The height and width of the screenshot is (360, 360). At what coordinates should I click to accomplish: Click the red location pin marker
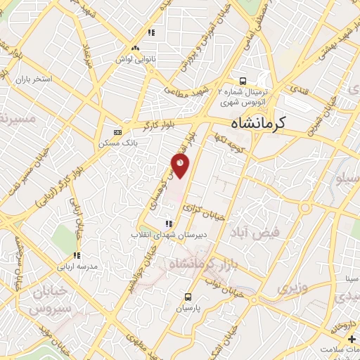tap(181, 166)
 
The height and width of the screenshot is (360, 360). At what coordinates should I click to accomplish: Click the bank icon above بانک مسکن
tap(117, 132)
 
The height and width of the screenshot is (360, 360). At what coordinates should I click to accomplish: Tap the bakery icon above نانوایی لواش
tap(151, 32)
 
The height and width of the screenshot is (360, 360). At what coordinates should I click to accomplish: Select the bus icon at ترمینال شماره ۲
tap(242, 80)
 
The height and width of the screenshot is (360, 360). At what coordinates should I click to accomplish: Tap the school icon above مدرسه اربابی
tap(77, 255)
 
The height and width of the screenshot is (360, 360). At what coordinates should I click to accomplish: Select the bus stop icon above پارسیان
tap(188, 297)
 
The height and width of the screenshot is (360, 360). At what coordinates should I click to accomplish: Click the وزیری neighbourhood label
tap(290, 288)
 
